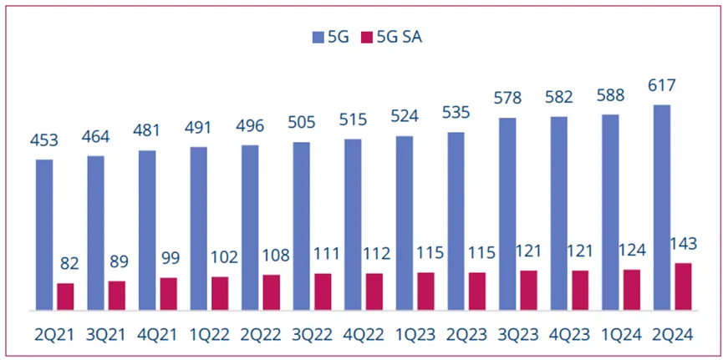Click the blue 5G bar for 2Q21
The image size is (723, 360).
[44, 235]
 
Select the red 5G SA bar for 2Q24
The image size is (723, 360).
[683, 286]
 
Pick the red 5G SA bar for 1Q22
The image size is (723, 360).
[220, 293]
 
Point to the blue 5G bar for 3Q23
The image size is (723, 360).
[507, 214]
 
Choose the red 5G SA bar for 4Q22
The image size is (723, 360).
[374, 292]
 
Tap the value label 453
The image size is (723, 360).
[44, 140]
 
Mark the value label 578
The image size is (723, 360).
[507, 99]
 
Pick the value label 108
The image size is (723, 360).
[272, 256]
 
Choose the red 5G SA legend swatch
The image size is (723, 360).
[366, 38]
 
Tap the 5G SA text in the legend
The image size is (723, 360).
[398, 38]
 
